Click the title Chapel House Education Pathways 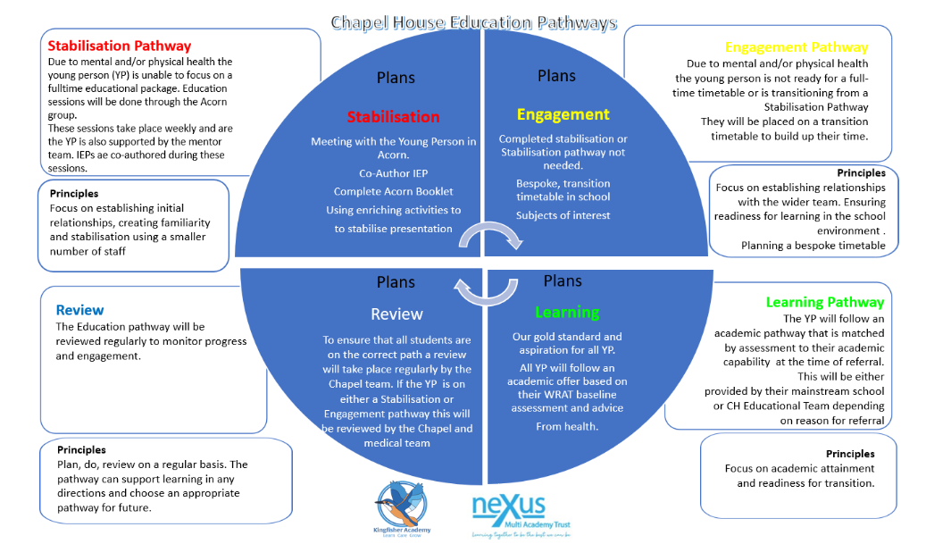473,21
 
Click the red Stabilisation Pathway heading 119,46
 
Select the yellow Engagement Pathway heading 796,47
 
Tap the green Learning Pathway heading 824,302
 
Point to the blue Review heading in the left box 79,310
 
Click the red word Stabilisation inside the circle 393,117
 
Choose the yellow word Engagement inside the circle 563,114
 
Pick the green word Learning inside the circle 567,312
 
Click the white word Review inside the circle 396,314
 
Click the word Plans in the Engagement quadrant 556,76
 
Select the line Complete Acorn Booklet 393,191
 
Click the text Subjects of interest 563,215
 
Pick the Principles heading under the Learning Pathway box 849,454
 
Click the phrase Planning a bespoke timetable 813,246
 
